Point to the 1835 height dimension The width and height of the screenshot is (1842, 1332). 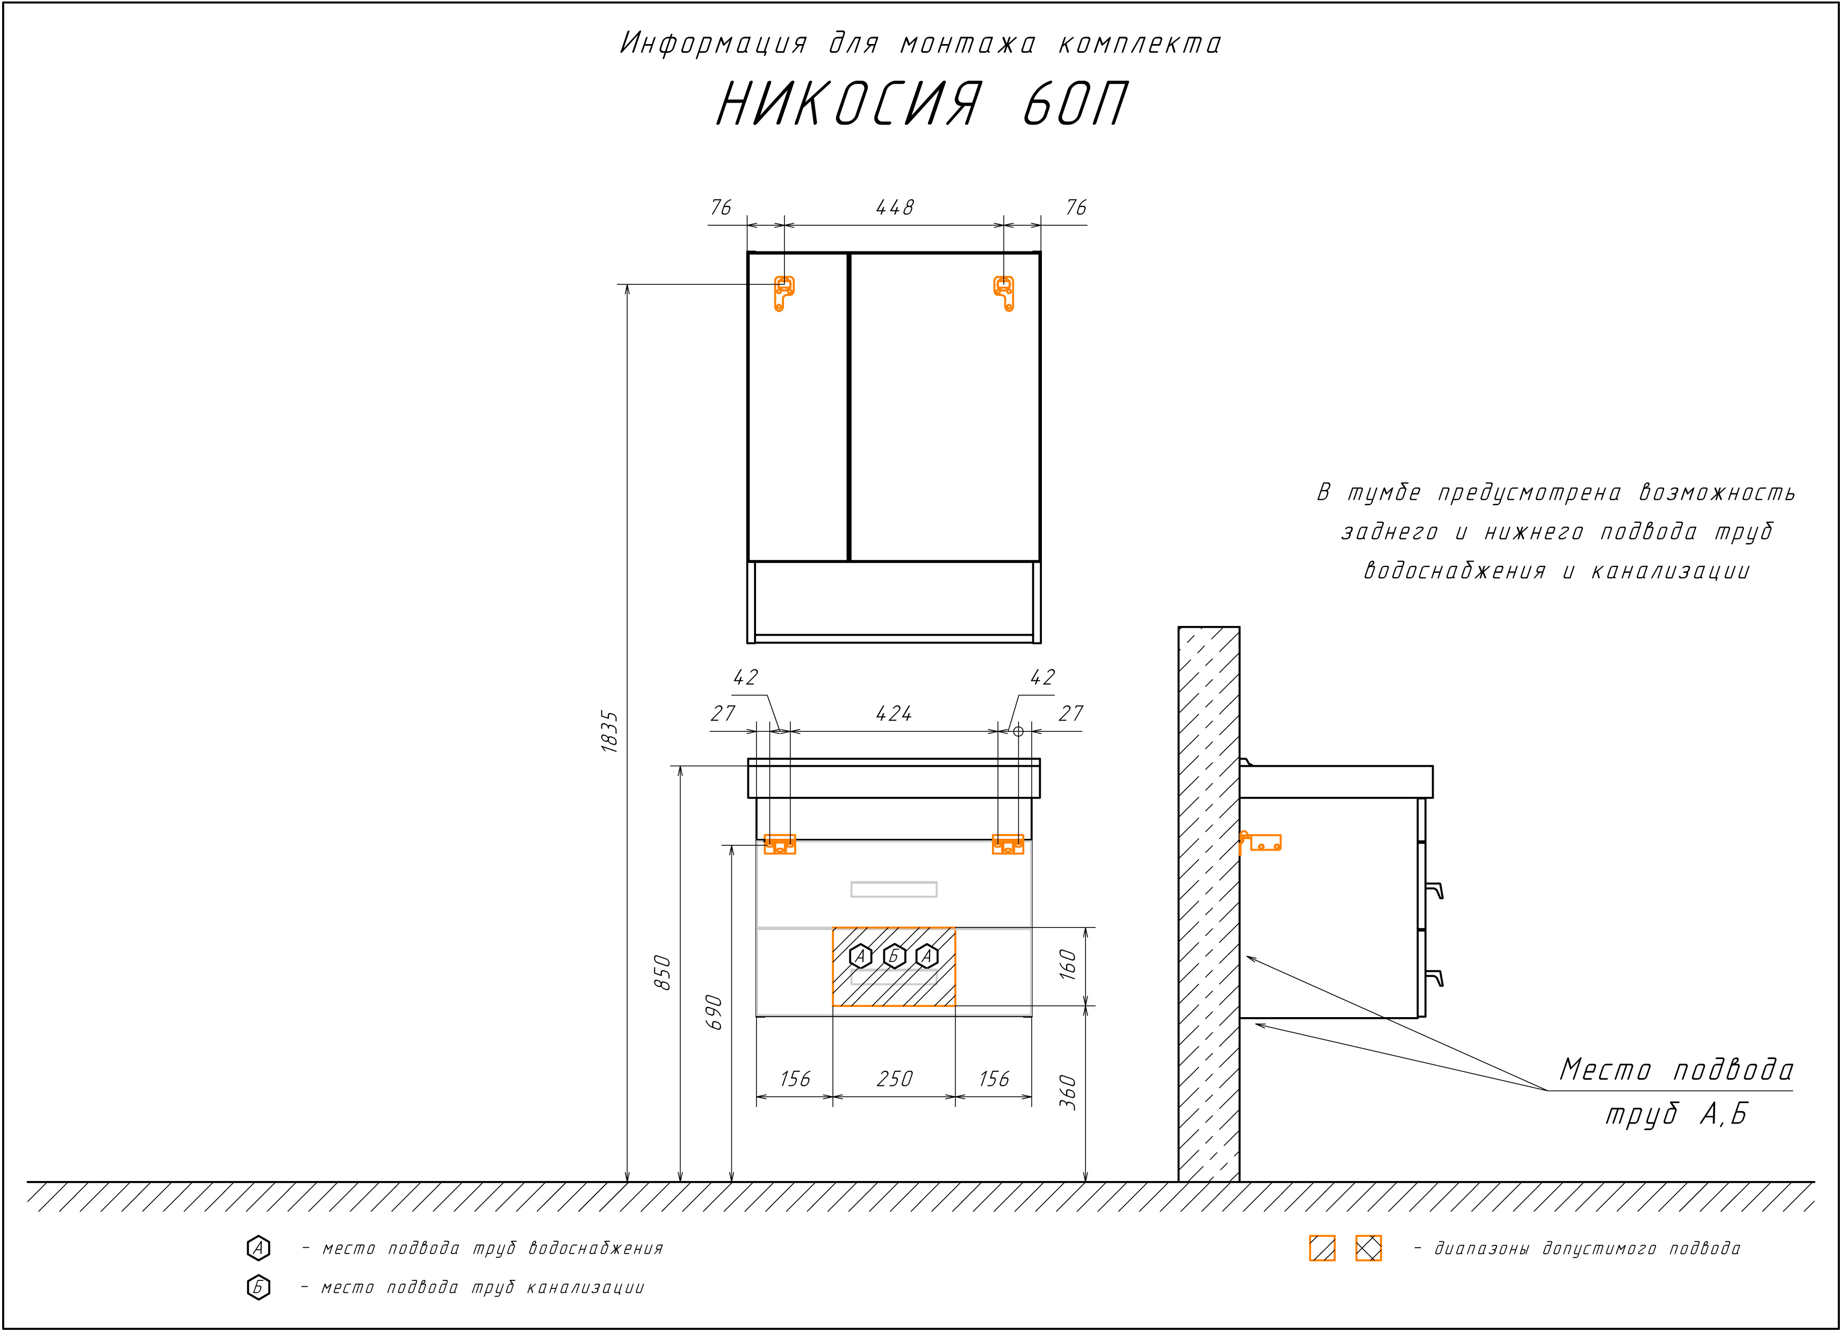610,732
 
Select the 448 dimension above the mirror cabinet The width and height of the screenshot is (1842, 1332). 894,208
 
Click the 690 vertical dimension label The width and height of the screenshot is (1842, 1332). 714,1012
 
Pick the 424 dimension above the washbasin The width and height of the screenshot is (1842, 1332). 894,714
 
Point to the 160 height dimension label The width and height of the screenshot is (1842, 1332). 1068,965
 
